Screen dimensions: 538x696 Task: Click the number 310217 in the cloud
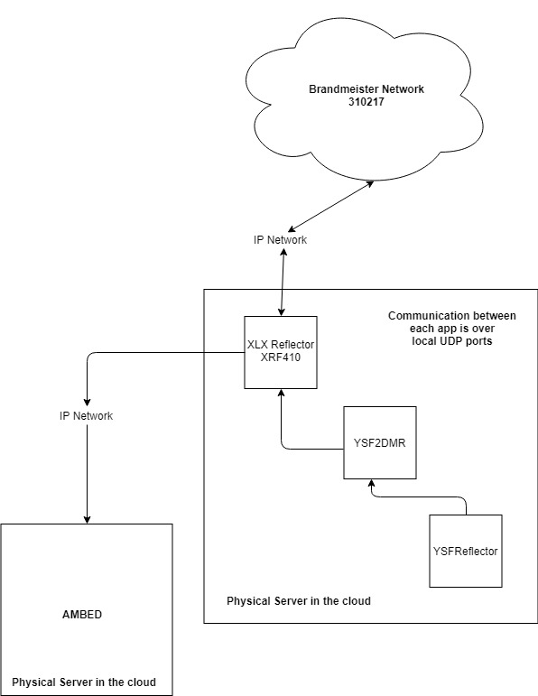click(366, 102)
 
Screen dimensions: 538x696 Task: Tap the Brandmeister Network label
click(366, 89)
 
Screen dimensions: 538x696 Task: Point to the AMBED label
click(82, 615)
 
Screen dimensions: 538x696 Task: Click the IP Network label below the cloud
click(280, 240)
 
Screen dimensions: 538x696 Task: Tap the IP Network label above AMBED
click(86, 416)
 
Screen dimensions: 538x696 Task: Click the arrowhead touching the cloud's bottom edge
click(369, 183)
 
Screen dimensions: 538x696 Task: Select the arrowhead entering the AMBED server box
click(87, 519)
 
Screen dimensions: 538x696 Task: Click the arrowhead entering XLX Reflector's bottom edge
click(281, 394)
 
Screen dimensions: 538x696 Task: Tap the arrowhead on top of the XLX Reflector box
click(281, 311)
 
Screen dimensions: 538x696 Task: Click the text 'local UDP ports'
click(452, 341)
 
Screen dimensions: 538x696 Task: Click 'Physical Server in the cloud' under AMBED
click(84, 682)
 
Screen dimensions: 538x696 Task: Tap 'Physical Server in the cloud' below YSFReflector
click(299, 601)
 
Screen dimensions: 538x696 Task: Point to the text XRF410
click(281, 357)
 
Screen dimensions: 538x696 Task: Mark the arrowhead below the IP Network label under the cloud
click(283, 252)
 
